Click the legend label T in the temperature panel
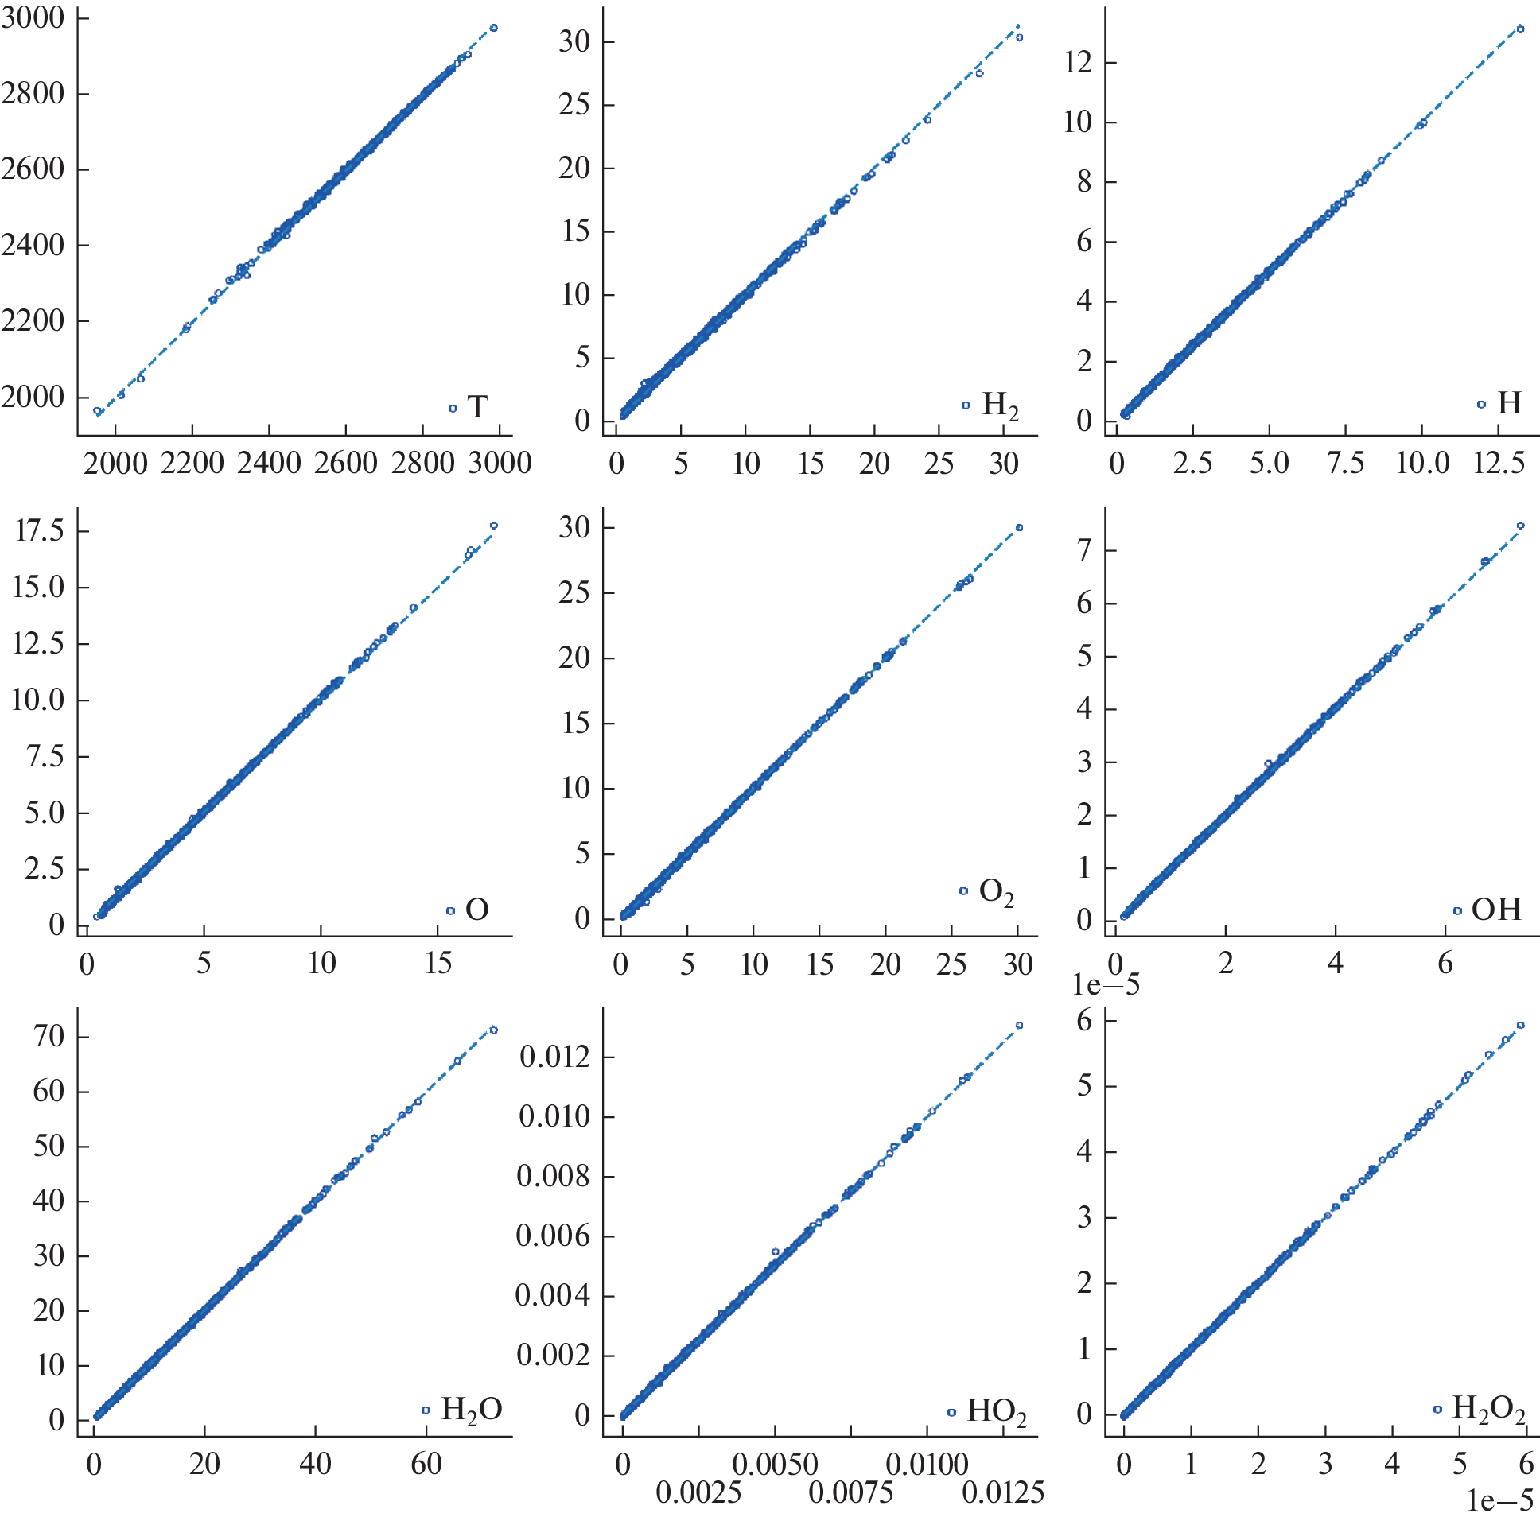[476, 407]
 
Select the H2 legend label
[1000, 405]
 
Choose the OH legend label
[1496, 909]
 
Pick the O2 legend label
[997, 891]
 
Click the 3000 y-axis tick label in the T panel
[33, 17]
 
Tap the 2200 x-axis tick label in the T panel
[192, 463]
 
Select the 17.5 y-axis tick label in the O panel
[39, 530]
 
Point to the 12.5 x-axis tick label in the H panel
[1499, 463]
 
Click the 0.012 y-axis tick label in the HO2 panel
[554, 1057]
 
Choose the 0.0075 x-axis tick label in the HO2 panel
[850, 1492]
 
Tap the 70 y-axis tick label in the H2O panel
[49, 1037]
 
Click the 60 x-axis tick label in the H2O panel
[426, 1464]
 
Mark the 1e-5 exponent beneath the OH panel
[1106, 985]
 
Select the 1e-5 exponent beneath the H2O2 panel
[1499, 1500]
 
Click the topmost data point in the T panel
[493, 28]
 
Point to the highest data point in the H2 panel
[1020, 37]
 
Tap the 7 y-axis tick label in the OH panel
[1084, 550]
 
